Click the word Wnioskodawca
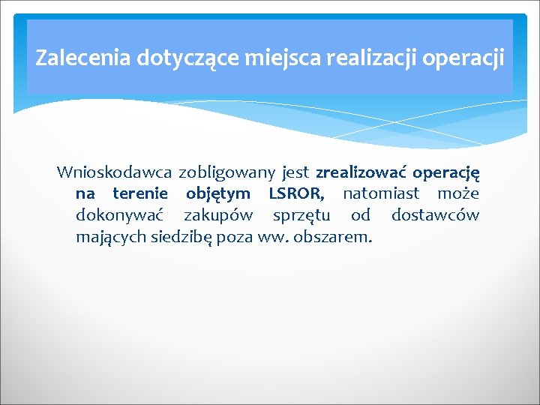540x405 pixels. (114, 172)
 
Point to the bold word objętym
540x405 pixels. (218, 195)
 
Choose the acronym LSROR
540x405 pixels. (296, 194)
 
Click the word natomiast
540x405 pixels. (381, 194)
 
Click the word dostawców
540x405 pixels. (436, 216)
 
